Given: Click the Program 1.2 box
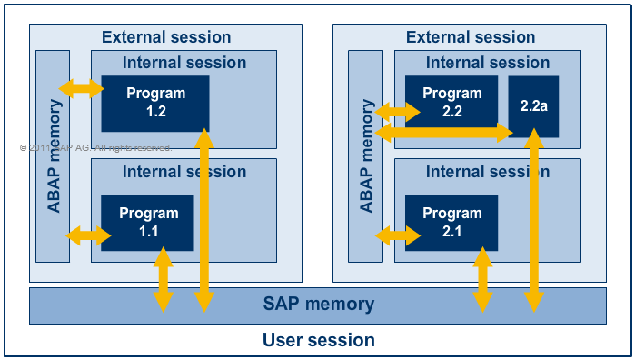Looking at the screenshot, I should [x=155, y=102].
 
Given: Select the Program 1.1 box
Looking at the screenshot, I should [x=147, y=222].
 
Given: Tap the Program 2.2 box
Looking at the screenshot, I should [x=451, y=102].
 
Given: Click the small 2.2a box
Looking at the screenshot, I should [x=533, y=106].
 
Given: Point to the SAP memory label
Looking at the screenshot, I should [x=318, y=305].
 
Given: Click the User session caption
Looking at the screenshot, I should [x=318, y=341].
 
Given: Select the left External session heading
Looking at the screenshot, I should [x=166, y=37].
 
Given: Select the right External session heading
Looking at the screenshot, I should [x=470, y=37].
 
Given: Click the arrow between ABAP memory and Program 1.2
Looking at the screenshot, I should [x=81, y=88].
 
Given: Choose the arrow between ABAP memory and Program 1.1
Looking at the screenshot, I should [x=88, y=235].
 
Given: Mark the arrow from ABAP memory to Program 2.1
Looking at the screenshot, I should [x=397, y=235].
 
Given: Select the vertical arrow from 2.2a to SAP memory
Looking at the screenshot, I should [x=534, y=218].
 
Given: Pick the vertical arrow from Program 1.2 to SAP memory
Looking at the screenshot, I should [x=204, y=218].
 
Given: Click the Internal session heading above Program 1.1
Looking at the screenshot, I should [x=184, y=172].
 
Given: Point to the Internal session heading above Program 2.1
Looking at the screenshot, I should [x=488, y=172].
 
